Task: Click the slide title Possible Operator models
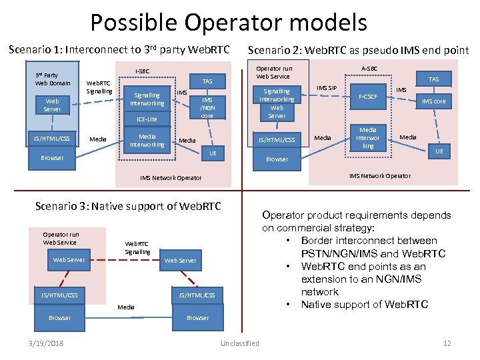(229, 23)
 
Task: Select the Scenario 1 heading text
(119, 50)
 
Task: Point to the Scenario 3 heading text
(127, 206)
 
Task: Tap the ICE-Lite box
(147, 119)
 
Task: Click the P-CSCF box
(368, 97)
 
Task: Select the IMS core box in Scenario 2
(433, 101)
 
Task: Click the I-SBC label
(143, 71)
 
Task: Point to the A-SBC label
(369, 67)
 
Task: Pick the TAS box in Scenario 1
(207, 81)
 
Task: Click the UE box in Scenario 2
(438, 152)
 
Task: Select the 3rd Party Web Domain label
(52, 79)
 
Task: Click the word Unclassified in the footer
(239, 343)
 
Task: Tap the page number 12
(447, 343)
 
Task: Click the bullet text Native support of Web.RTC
(365, 305)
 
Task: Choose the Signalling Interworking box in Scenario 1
(147, 99)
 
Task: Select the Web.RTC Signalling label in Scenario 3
(137, 248)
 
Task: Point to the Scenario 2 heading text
(358, 50)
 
